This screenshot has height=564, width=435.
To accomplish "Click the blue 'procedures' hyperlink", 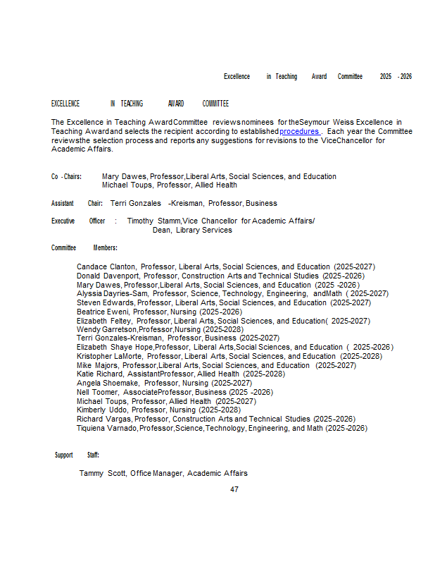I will [x=300, y=131].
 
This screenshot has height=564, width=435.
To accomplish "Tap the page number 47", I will [x=234, y=489].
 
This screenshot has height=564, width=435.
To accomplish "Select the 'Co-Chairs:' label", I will [x=66, y=176].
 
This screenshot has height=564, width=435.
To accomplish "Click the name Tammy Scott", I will [x=103, y=473].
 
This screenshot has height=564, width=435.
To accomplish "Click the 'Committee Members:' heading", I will [x=84, y=247].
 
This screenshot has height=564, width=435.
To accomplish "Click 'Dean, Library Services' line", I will [x=192, y=230].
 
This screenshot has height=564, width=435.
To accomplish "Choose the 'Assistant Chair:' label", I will [x=77, y=203].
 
